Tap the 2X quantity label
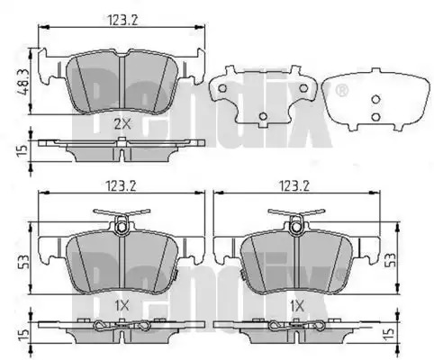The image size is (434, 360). click(122, 123)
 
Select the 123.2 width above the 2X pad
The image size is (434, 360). click(122, 21)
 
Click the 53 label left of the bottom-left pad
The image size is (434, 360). click(24, 262)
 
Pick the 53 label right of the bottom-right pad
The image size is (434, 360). click(391, 260)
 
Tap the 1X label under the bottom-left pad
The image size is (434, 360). click(122, 306)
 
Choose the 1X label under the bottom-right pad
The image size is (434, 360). click(297, 306)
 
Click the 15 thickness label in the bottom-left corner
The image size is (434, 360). click(23, 336)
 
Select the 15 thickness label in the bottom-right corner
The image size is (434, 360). click(388, 334)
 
